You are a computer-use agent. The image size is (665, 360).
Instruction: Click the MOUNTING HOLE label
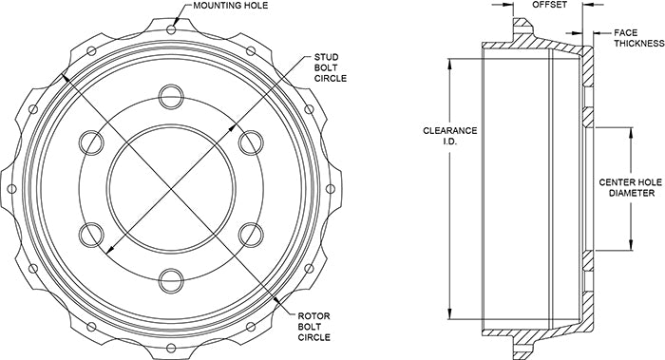pos(230,6)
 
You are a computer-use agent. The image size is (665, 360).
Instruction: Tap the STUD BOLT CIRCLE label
pos(330,67)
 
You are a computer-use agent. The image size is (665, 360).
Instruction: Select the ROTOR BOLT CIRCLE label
pos(313,327)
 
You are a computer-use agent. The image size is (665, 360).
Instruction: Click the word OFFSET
pos(549,5)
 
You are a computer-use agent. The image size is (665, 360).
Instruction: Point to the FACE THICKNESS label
pos(638,38)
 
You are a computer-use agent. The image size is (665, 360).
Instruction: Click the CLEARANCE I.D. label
pos(450,136)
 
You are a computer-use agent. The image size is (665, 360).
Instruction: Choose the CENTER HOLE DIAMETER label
pos(631,187)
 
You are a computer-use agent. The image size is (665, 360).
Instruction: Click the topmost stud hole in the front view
pos(171,97)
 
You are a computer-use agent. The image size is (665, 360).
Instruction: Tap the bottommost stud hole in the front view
pos(171,281)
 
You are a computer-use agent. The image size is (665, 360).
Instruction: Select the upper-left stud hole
pos(91,142)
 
